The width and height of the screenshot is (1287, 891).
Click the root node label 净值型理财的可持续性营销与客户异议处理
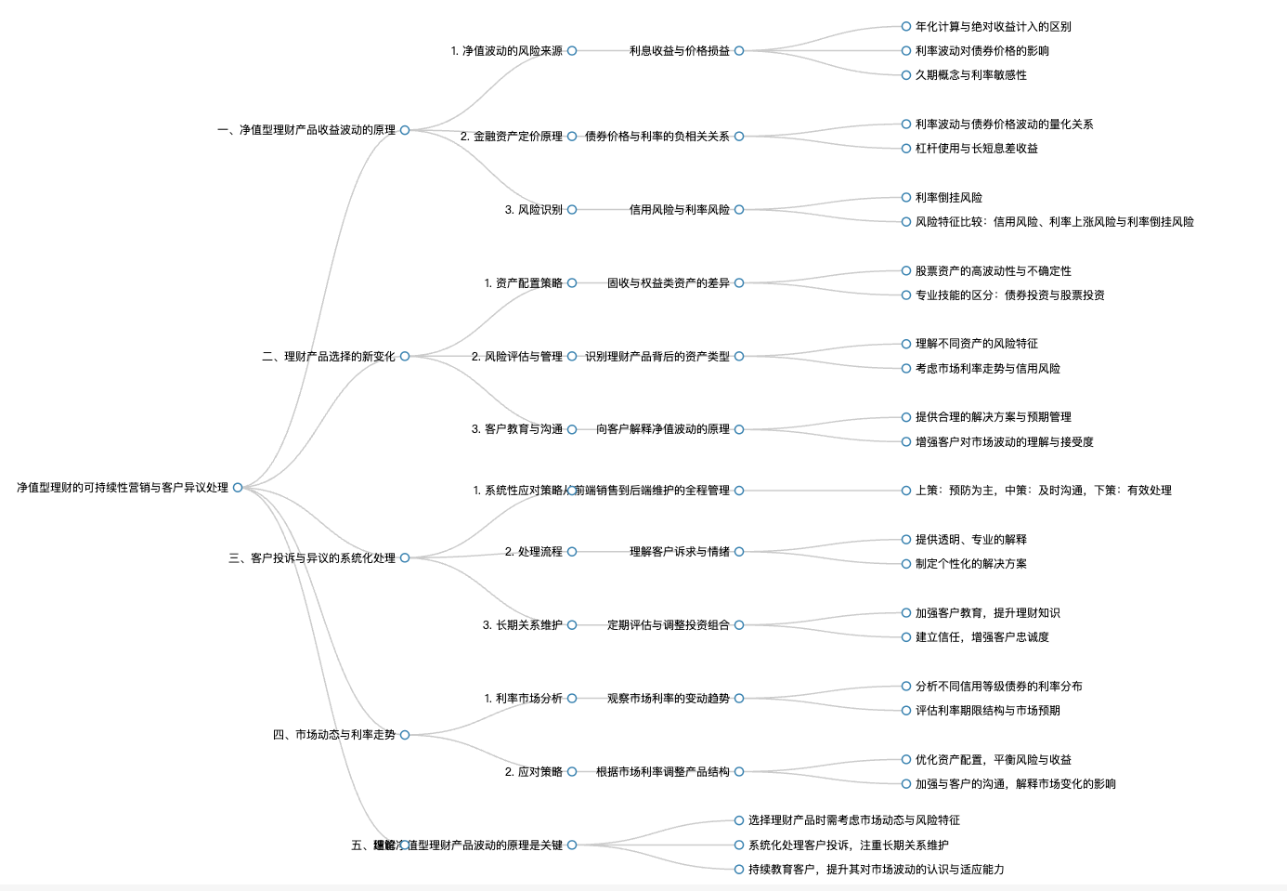click(x=123, y=488)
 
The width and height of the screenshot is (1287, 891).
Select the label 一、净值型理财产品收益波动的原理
click(x=306, y=130)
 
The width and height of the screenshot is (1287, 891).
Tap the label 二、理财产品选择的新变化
click(x=329, y=357)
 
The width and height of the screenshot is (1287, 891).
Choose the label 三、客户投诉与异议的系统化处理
click(x=312, y=558)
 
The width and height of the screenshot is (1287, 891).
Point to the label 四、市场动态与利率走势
click(x=334, y=735)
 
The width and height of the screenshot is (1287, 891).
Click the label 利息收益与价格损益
click(x=680, y=51)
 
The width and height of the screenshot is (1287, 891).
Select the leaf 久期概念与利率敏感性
click(x=971, y=75)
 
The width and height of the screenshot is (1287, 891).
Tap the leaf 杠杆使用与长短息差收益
click(x=977, y=149)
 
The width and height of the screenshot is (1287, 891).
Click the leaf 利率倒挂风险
click(x=949, y=198)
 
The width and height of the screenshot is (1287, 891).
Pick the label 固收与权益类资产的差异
click(x=669, y=283)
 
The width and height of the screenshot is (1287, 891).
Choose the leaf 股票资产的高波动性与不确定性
click(x=994, y=271)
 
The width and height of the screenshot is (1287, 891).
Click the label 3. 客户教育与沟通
click(x=517, y=429)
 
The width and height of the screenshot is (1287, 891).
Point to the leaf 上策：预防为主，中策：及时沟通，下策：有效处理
click(x=1044, y=491)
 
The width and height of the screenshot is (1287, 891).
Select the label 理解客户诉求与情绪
click(x=680, y=552)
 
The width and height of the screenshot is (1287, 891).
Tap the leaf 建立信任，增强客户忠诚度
click(x=982, y=637)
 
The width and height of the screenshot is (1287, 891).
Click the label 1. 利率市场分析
click(x=524, y=699)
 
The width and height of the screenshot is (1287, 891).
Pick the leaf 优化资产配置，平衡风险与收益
click(x=994, y=760)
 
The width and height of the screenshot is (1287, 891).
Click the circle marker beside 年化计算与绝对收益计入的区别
click(x=906, y=27)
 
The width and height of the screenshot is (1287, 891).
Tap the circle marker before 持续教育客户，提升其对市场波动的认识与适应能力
click(x=739, y=870)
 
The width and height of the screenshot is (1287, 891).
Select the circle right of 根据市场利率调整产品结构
click(x=739, y=772)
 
